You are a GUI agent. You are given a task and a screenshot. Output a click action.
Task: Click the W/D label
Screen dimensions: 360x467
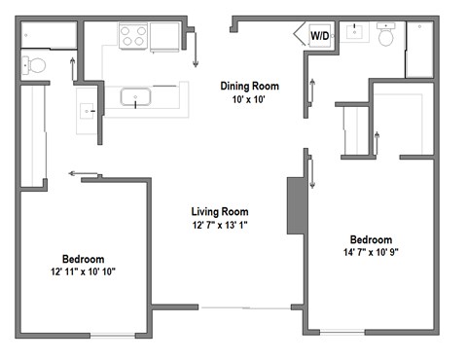click(319, 36)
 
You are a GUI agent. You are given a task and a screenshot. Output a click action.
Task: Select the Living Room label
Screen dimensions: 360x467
click(219, 211)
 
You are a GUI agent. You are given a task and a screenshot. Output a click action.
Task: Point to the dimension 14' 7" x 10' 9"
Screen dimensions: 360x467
click(371, 254)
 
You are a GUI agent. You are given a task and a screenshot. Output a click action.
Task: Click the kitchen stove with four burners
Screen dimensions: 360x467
click(133, 36)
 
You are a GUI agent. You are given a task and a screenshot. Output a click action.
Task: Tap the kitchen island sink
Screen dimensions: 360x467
click(134, 96)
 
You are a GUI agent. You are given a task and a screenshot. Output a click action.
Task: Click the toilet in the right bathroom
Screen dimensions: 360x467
click(385, 37)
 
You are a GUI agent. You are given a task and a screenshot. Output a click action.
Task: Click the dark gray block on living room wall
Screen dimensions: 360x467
click(295, 204)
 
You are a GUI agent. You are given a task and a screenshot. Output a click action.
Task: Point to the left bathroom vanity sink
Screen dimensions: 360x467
click(89, 111)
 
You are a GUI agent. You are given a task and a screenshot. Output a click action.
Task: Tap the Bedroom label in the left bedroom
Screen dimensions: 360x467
click(84, 259)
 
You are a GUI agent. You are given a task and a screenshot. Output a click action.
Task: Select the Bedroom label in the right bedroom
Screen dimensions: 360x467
click(371, 240)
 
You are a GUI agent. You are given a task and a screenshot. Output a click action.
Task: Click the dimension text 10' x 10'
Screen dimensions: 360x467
click(249, 100)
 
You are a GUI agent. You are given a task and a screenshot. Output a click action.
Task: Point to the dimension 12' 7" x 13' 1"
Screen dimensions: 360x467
click(219, 226)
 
